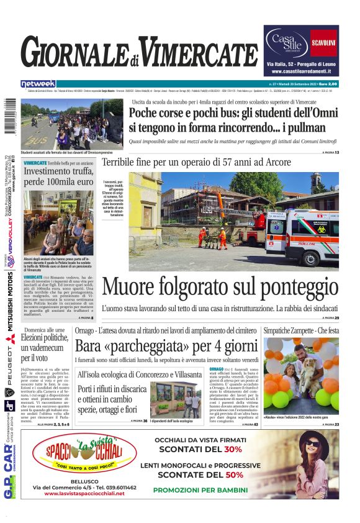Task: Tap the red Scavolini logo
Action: click(323, 43)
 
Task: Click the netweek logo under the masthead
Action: click(38, 83)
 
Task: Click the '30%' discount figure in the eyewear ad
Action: click(233, 449)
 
